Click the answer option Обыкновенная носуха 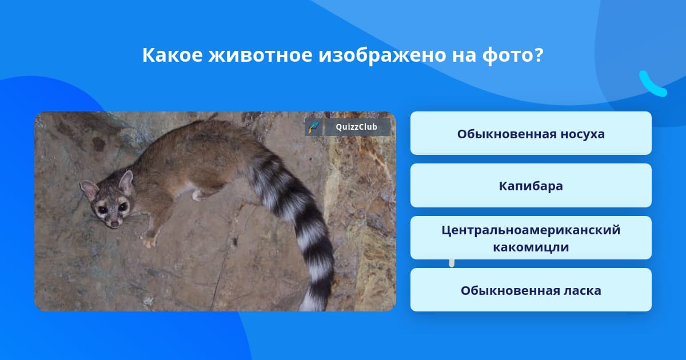point(531,134)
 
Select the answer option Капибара point(531,186)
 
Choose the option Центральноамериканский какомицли point(531,238)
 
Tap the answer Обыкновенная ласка point(531,290)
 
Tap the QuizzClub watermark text point(357,127)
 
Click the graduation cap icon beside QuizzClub point(314,127)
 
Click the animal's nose point(114,223)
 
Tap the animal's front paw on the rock point(149,242)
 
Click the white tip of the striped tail point(309,303)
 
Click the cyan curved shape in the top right point(652,85)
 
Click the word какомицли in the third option point(531,247)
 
